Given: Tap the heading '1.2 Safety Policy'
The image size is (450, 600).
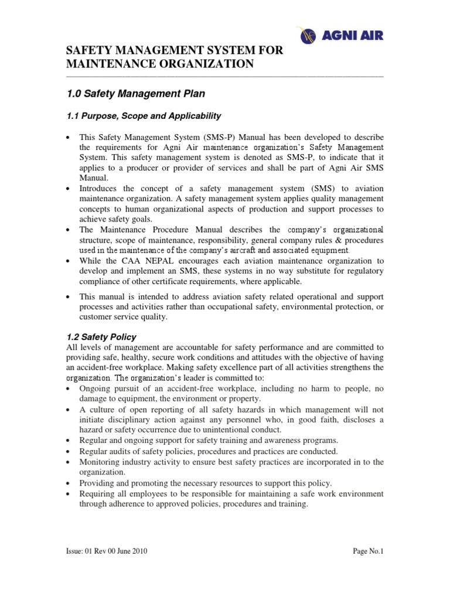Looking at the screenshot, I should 101,337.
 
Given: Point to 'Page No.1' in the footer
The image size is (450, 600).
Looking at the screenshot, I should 368,551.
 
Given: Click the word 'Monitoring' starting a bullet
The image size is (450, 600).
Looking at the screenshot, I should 100,462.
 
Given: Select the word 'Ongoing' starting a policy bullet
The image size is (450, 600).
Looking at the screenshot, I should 96,388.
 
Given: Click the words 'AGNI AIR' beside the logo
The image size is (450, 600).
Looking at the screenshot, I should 354,36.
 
